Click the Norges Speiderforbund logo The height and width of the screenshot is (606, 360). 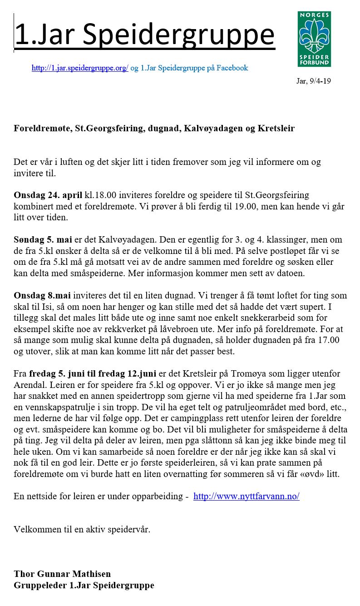314,39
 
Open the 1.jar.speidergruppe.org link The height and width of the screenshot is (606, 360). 80,68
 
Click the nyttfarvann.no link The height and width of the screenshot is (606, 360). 246,496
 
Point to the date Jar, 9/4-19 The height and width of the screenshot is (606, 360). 313,81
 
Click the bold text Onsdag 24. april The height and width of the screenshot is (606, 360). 48,195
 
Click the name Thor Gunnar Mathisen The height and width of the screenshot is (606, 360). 62,574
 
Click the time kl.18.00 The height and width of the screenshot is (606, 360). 101,195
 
